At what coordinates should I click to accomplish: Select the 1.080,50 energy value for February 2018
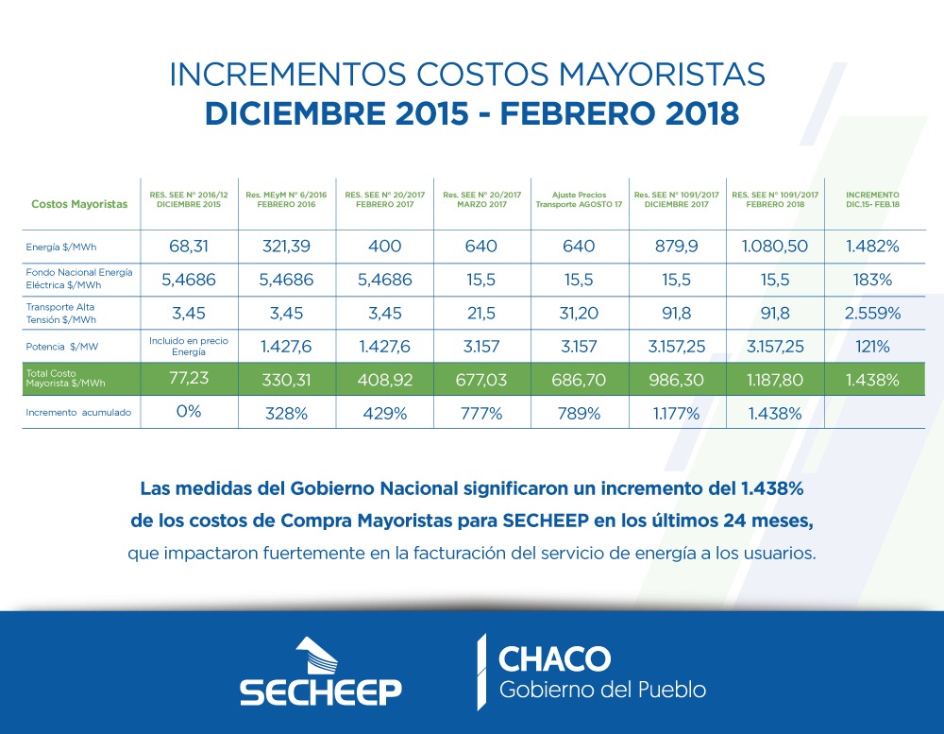click(774, 247)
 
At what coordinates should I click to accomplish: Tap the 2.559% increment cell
click(872, 314)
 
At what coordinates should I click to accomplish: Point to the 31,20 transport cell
click(579, 314)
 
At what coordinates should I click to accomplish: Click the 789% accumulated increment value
click(579, 413)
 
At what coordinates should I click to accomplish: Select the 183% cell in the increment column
click(872, 281)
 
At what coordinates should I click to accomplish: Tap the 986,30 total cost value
click(676, 380)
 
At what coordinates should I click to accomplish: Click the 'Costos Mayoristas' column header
click(79, 204)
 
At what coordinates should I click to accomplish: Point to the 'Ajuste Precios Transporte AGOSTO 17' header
click(579, 199)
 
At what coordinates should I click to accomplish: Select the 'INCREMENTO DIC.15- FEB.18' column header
click(872, 199)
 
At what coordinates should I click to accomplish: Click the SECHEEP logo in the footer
click(320, 672)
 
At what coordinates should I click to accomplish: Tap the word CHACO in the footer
click(554, 658)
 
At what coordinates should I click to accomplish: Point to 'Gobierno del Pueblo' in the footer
click(601, 690)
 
